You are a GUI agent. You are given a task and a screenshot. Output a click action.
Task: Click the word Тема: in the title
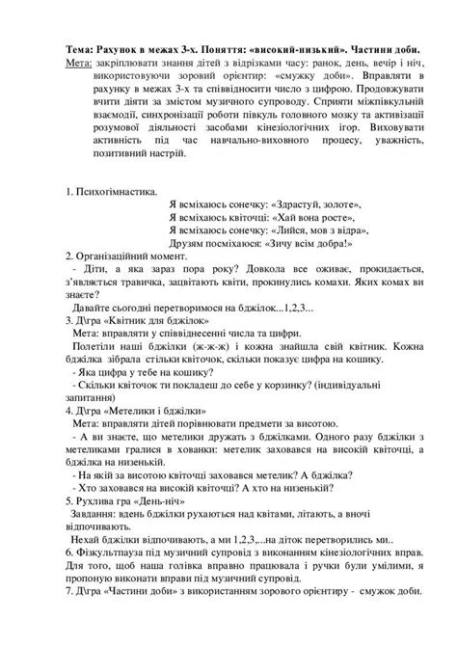pos(82,49)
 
